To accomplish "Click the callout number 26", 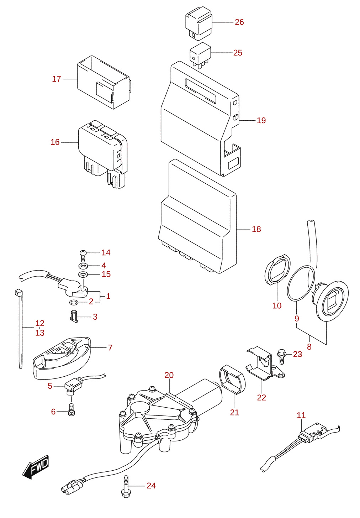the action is [239, 22].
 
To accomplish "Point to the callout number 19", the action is [261, 120].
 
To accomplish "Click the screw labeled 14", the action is [83, 256].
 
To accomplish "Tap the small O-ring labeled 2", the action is [74, 302].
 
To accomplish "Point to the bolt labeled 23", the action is [282, 356].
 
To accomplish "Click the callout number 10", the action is [277, 306].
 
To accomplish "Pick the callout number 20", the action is [169, 375].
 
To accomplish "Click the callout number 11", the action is [301, 415].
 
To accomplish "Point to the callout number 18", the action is [256, 229].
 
